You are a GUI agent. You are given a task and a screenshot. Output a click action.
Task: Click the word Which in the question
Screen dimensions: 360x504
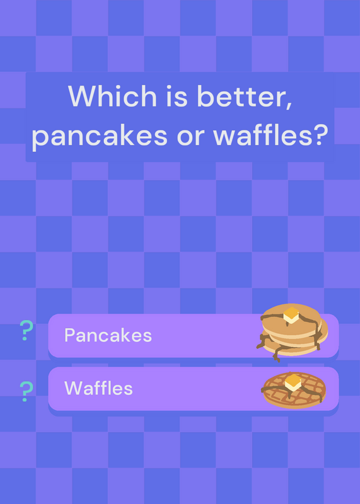[x=112, y=96]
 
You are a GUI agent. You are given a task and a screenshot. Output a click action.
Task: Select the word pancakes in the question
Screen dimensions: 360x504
[x=100, y=135]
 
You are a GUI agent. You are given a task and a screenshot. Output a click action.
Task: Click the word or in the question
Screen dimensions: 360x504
[x=190, y=137]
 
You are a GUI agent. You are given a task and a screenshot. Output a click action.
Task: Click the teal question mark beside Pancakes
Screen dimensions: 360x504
[x=26, y=330]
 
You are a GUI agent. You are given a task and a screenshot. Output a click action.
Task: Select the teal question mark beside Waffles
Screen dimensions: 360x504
[x=26, y=391]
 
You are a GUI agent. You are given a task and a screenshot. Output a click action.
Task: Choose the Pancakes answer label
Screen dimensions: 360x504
[x=108, y=335]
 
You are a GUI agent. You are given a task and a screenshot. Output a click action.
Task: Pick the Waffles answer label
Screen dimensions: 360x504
[x=98, y=388]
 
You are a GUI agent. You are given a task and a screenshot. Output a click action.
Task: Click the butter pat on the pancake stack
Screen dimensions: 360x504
[x=291, y=315]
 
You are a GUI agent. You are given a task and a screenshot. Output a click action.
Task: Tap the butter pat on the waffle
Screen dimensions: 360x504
[x=293, y=382]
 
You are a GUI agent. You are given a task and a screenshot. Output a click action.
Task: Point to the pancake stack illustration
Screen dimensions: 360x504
[x=292, y=332]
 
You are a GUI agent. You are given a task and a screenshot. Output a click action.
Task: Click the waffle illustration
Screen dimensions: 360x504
[x=294, y=389]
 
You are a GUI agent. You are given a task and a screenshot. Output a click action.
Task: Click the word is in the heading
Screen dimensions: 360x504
[x=177, y=96]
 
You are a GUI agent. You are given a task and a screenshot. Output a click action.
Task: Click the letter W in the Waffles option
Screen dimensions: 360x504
[x=73, y=388]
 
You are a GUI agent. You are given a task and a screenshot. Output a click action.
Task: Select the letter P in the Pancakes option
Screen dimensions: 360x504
[x=70, y=335]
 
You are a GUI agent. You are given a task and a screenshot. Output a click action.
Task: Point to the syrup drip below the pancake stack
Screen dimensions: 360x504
[x=276, y=356]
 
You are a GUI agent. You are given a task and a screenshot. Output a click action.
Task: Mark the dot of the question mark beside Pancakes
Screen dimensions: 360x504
[x=25, y=338]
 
